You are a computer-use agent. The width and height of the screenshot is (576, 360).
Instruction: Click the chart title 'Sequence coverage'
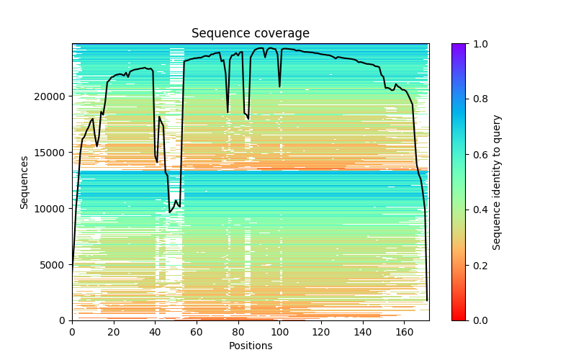click(251, 34)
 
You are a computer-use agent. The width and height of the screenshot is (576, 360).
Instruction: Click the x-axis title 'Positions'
click(251, 346)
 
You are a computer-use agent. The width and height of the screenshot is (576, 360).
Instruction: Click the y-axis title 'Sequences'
click(24, 182)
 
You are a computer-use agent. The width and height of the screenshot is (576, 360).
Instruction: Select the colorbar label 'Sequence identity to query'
click(498, 182)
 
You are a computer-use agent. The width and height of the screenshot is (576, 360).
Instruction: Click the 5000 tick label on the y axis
click(53, 265)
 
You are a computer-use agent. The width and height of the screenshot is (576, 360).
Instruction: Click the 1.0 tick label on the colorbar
click(477, 44)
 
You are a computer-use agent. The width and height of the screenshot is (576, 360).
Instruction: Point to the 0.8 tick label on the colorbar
click(477, 99)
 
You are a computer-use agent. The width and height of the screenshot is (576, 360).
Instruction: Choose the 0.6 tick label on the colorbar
click(477, 155)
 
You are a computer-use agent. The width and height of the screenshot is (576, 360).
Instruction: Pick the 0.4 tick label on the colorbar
click(477, 210)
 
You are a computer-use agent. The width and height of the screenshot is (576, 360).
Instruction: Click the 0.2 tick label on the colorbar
click(477, 265)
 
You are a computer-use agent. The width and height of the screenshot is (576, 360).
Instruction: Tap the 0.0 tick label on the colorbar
click(477, 320)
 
